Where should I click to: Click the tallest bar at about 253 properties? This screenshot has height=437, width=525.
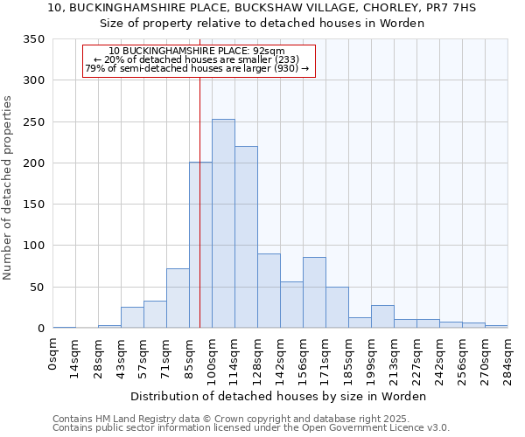tap(223, 224)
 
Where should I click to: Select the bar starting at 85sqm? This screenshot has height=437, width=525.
tap(200, 245)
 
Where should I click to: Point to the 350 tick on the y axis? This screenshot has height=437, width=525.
tap(34, 39)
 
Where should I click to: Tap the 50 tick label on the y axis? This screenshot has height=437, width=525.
tap(38, 288)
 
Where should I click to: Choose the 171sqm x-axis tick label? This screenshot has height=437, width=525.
tap(326, 357)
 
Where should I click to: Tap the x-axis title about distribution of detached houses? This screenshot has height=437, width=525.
tap(280, 396)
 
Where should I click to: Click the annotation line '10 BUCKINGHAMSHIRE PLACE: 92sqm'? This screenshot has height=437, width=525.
tap(197, 52)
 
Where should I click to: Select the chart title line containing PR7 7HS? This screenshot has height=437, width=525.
tap(262, 8)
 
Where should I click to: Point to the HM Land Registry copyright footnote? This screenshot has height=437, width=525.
tap(250, 419)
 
